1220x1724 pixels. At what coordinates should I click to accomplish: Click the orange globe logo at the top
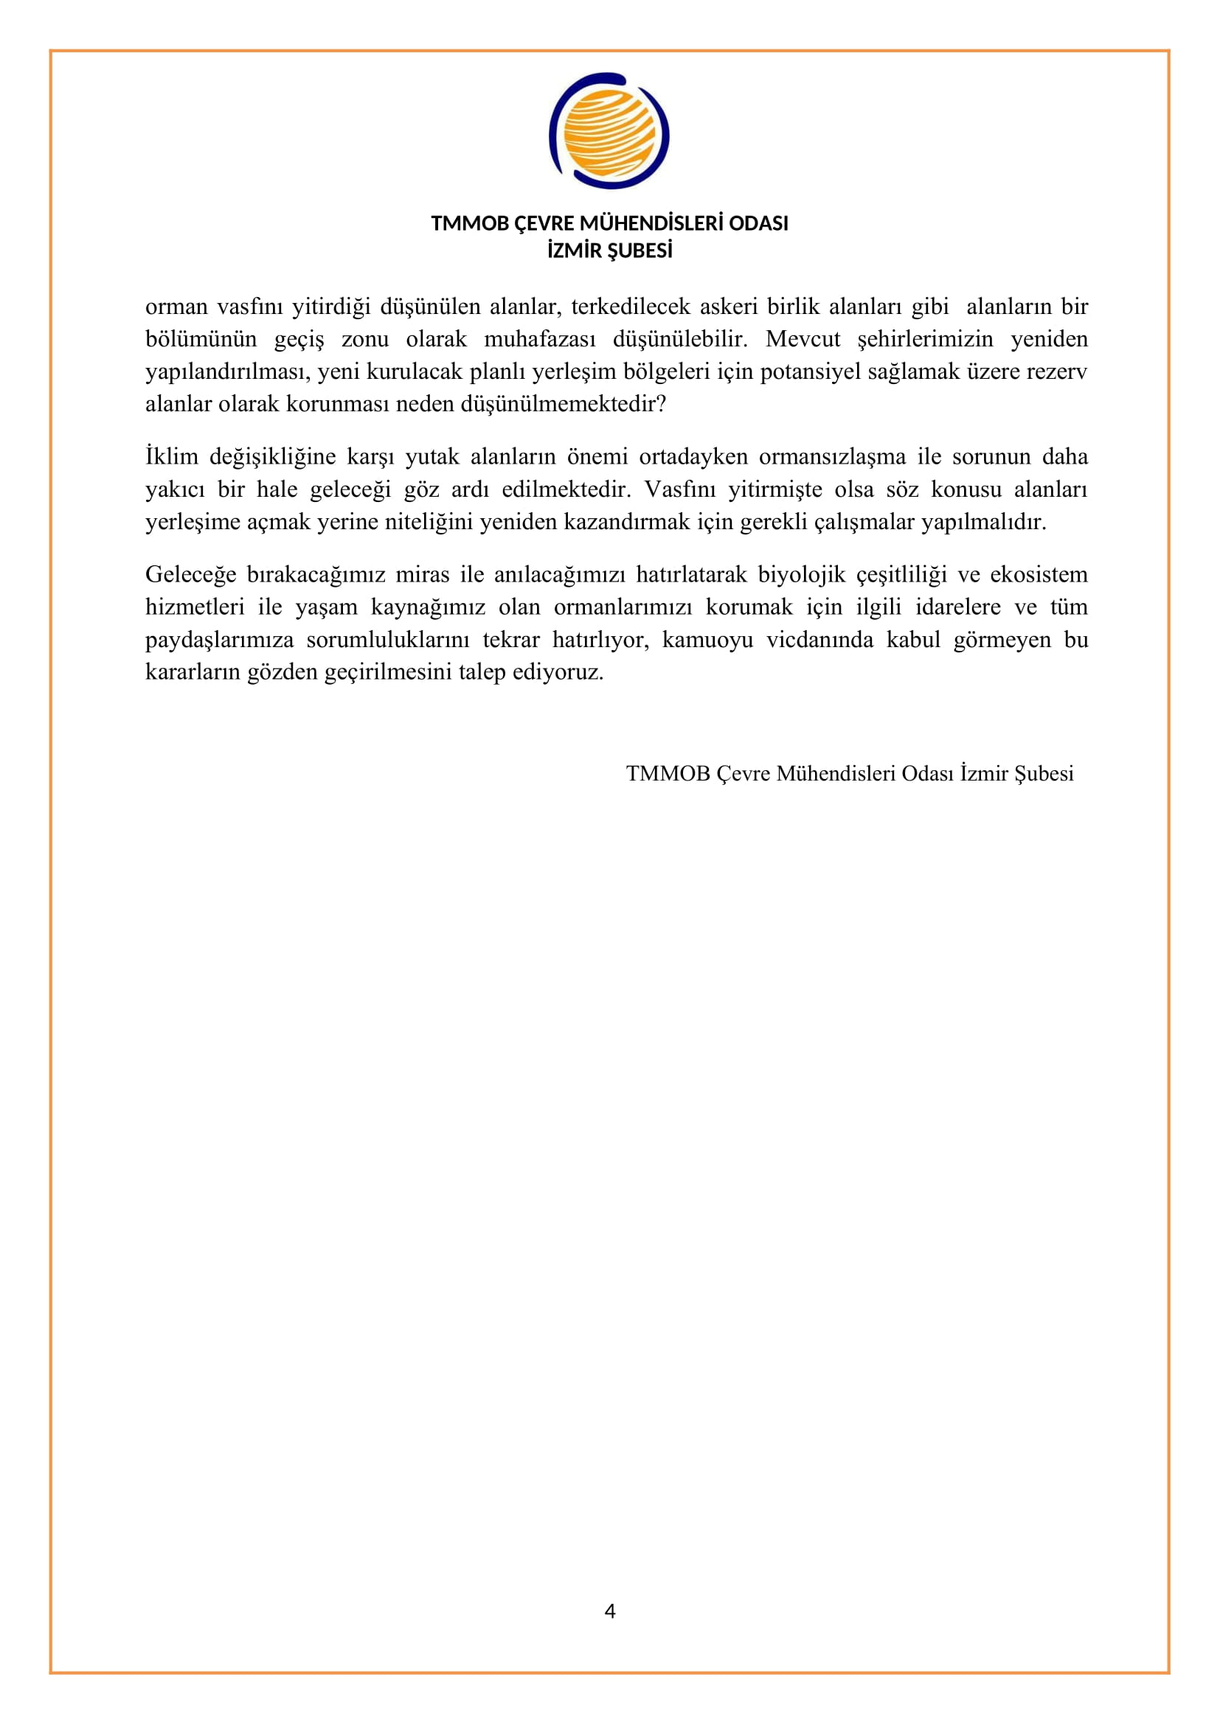(609, 130)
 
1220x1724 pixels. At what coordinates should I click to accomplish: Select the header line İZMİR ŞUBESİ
(609, 251)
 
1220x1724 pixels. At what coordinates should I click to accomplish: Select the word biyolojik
(802, 574)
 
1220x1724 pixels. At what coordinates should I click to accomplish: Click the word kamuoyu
(707, 640)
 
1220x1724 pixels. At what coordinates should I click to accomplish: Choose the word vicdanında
(820, 640)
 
